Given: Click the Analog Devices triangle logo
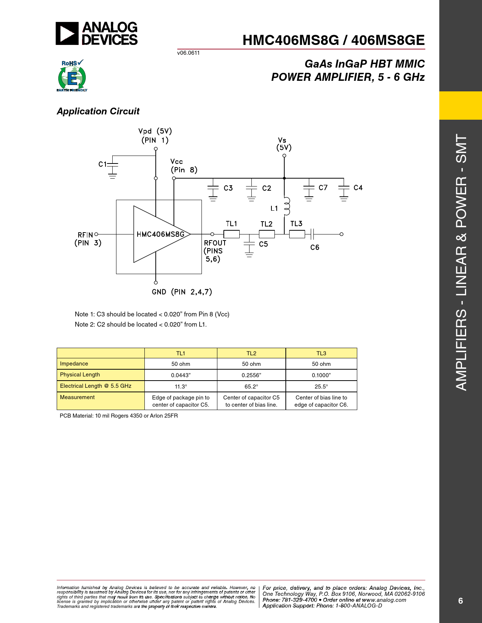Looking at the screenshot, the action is (67, 33).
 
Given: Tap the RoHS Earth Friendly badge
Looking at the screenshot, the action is (72, 76).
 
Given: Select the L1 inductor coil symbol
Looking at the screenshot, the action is (287, 206).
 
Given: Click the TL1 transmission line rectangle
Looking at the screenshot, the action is (231, 234).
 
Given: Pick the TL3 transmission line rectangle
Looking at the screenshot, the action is (297, 234).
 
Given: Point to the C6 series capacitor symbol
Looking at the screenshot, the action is (312, 234).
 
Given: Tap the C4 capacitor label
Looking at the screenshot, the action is (358, 188).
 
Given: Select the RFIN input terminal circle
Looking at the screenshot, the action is (96, 234).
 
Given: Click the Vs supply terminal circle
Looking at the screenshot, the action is (284, 156).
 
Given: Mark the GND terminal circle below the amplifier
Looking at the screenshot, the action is (156, 282).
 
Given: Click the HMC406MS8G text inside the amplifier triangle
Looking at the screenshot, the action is (160, 234).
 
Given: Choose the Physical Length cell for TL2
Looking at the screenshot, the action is (251, 375).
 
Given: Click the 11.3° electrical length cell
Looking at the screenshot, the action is (181, 386).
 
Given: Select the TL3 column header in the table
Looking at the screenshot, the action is (321, 353).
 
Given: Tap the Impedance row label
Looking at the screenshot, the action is (74, 364).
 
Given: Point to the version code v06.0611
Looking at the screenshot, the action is (188, 53).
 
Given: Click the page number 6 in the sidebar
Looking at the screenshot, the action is (460, 601).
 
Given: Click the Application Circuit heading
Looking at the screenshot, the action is (98, 111).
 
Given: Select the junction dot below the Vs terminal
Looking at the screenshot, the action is (284, 178).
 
